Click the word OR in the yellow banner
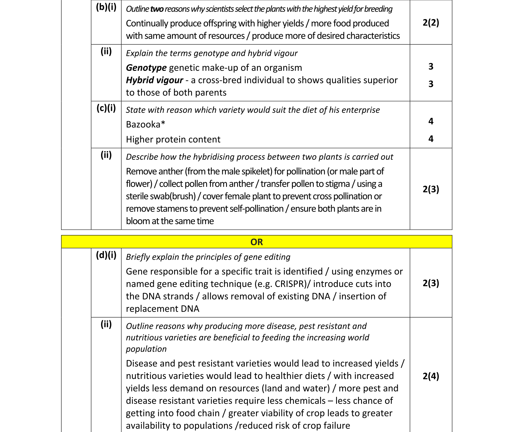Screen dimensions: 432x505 [x=256, y=242]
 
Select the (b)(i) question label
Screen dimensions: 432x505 [x=106, y=7]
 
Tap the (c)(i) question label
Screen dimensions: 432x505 [x=106, y=108]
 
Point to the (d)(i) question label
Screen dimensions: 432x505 [x=106, y=255]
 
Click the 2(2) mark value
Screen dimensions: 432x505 [x=431, y=23]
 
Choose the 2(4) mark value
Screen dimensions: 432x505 [x=431, y=376]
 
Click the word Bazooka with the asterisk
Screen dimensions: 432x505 [x=146, y=124]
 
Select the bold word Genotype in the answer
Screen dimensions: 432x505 [x=146, y=68]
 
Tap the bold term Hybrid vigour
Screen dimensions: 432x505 [x=154, y=80]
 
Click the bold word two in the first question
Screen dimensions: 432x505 [x=157, y=9]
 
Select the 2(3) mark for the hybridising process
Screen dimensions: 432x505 [x=431, y=189]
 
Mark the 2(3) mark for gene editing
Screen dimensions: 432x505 [x=431, y=283]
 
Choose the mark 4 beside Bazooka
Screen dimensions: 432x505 [x=431, y=121]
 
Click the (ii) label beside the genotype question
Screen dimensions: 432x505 [x=106, y=51]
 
